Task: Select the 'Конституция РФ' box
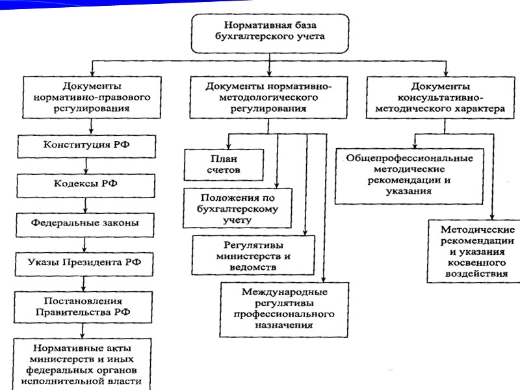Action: pos(87,145)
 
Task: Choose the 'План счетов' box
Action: pos(224,164)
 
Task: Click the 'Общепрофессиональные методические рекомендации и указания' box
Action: pos(409,175)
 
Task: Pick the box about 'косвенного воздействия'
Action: pos(477,252)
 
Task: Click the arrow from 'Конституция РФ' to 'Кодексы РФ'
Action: pos(85,164)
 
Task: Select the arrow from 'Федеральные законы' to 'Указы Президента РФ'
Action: pos(84,243)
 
